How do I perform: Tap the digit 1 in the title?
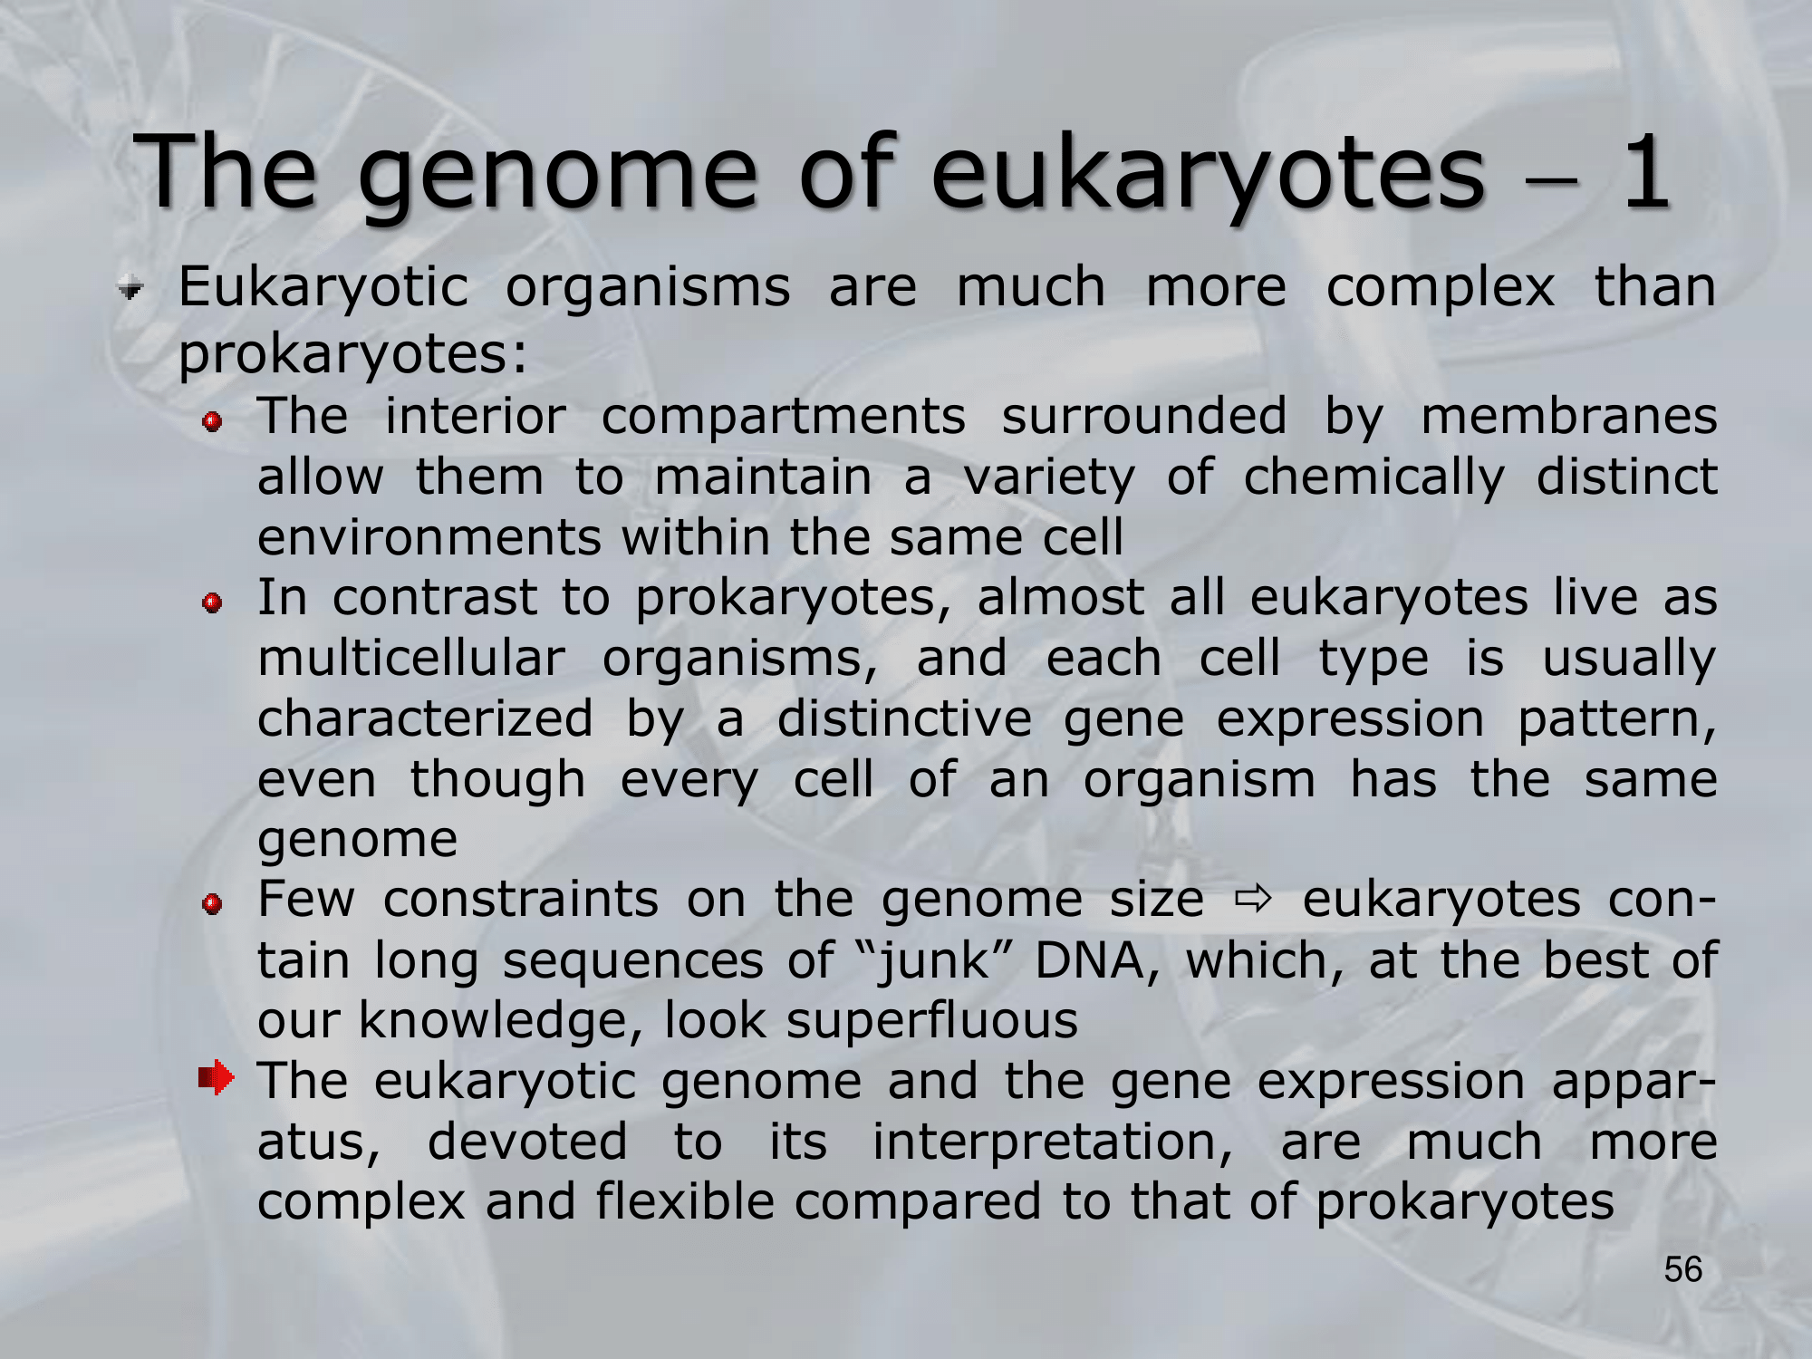(x=1644, y=172)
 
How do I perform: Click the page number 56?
(x=1683, y=1270)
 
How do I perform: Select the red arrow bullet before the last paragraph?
(x=217, y=1078)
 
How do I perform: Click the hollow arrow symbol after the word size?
(x=1254, y=900)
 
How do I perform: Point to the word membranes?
(x=1568, y=417)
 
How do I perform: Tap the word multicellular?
(x=411, y=658)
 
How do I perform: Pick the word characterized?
(x=425, y=719)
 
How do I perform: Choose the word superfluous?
(x=932, y=1022)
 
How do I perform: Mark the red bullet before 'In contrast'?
(x=213, y=603)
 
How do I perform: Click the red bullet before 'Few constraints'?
(x=213, y=904)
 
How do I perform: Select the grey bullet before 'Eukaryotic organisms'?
(x=131, y=291)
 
